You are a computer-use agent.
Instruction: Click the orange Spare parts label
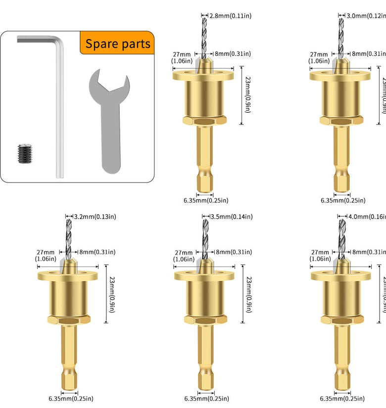(117, 44)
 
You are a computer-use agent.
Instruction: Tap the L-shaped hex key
(59, 99)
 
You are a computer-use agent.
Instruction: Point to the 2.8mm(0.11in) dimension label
(230, 16)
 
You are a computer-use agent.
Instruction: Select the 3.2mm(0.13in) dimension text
(95, 217)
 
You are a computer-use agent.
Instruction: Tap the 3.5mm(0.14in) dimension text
(232, 217)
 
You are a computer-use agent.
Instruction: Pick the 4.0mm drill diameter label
(366, 217)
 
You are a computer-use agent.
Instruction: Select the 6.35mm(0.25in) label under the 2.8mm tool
(205, 200)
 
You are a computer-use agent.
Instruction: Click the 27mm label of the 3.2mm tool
(46, 255)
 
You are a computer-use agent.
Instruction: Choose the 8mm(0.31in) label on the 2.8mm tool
(232, 54)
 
